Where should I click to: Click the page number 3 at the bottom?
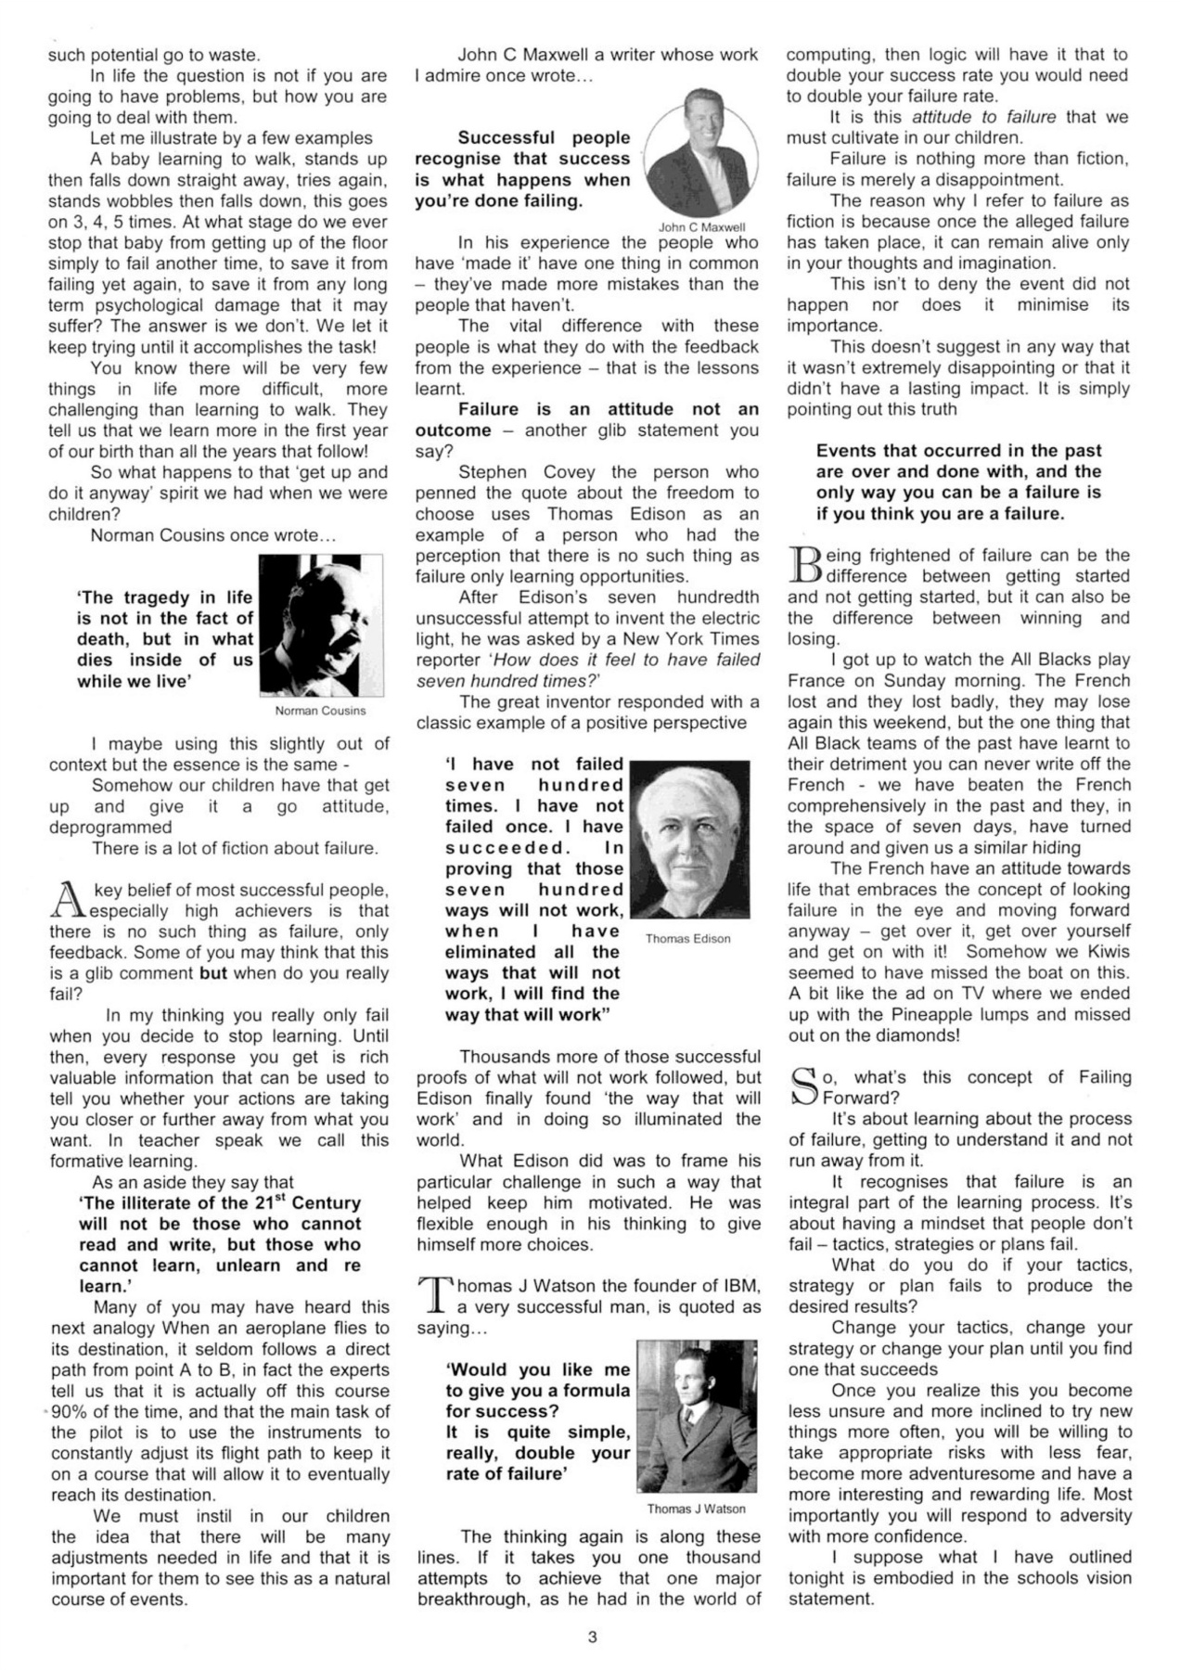592,1637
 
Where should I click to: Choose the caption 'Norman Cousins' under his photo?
321,711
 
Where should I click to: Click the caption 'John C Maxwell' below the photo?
701,226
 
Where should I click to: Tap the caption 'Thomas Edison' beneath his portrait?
687,939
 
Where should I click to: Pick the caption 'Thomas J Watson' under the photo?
696,1509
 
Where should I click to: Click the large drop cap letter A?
66,901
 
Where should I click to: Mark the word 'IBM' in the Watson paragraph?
740,1286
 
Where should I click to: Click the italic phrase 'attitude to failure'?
983,117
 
